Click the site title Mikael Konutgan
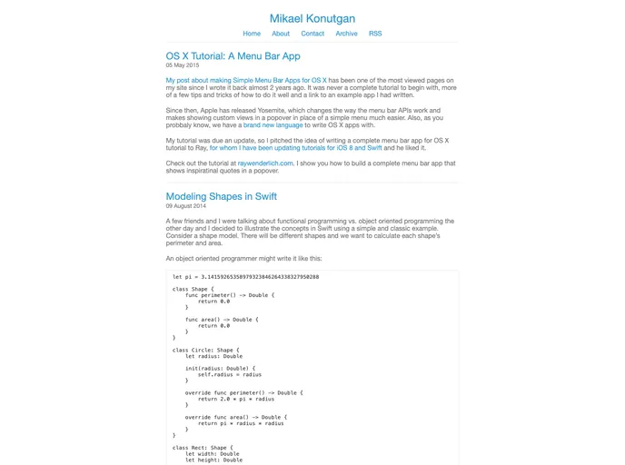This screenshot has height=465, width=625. pyautogui.click(x=312, y=18)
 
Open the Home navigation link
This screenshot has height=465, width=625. pyautogui.click(x=252, y=34)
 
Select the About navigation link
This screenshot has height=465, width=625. pyautogui.click(x=281, y=34)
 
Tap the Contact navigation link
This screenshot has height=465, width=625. pyautogui.click(x=312, y=34)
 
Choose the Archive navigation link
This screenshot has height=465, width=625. pyautogui.click(x=346, y=34)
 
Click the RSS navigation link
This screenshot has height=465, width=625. pyautogui.click(x=375, y=34)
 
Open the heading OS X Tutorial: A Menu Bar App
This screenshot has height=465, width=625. pyautogui.click(x=233, y=56)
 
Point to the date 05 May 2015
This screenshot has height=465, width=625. pyautogui.click(x=183, y=65)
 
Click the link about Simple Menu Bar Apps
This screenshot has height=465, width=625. pyautogui.click(x=246, y=80)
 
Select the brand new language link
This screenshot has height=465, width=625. pyautogui.click(x=273, y=125)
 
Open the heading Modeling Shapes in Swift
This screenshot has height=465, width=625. pyautogui.click(x=221, y=196)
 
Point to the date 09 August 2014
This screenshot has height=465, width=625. pyautogui.click(x=186, y=206)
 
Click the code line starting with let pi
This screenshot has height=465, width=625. pyautogui.click(x=245, y=277)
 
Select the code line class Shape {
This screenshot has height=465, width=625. pyautogui.click(x=193, y=290)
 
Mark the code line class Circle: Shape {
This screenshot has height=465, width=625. pyautogui.click(x=206, y=350)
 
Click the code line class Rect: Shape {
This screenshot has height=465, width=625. pyautogui.click(x=202, y=448)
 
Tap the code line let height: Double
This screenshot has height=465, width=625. pyautogui.click(x=213, y=460)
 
